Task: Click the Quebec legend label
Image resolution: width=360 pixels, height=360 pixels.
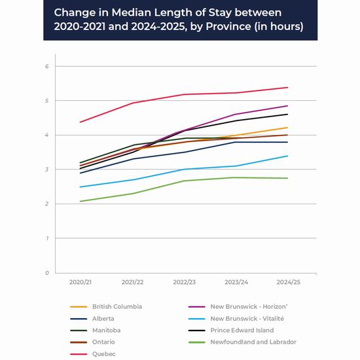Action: (x=104, y=354)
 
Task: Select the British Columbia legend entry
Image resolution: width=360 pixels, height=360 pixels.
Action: (x=117, y=306)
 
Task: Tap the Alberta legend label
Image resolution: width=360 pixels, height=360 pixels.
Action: (x=103, y=319)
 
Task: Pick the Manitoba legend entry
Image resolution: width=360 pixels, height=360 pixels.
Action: (x=106, y=330)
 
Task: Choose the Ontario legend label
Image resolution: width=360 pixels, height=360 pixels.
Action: (x=103, y=342)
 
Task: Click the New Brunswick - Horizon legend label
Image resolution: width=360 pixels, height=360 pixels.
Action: (x=249, y=306)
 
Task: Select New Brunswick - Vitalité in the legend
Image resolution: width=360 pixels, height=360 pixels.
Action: (x=247, y=319)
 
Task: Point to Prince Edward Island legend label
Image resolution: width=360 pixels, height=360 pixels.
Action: (x=242, y=330)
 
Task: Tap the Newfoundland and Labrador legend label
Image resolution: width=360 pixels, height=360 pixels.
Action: (x=253, y=342)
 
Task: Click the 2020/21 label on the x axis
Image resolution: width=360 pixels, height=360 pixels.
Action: (x=81, y=282)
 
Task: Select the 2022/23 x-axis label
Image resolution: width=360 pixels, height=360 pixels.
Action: (x=185, y=282)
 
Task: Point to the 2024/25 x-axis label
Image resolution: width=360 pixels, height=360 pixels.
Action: (x=289, y=282)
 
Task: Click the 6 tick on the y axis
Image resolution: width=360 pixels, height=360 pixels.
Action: (x=47, y=66)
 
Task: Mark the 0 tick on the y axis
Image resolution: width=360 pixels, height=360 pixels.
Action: (x=47, y=273)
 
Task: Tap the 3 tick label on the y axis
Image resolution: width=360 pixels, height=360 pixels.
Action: (x=47, y=170)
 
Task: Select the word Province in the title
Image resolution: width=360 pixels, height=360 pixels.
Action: (x=228, y=26)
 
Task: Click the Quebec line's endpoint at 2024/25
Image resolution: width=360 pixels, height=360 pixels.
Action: (x=288, y=88)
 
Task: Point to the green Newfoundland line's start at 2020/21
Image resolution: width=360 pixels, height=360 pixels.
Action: (x=80, y=202)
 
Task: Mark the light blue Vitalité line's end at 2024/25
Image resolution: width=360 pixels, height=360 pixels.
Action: (x=288, y=156)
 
